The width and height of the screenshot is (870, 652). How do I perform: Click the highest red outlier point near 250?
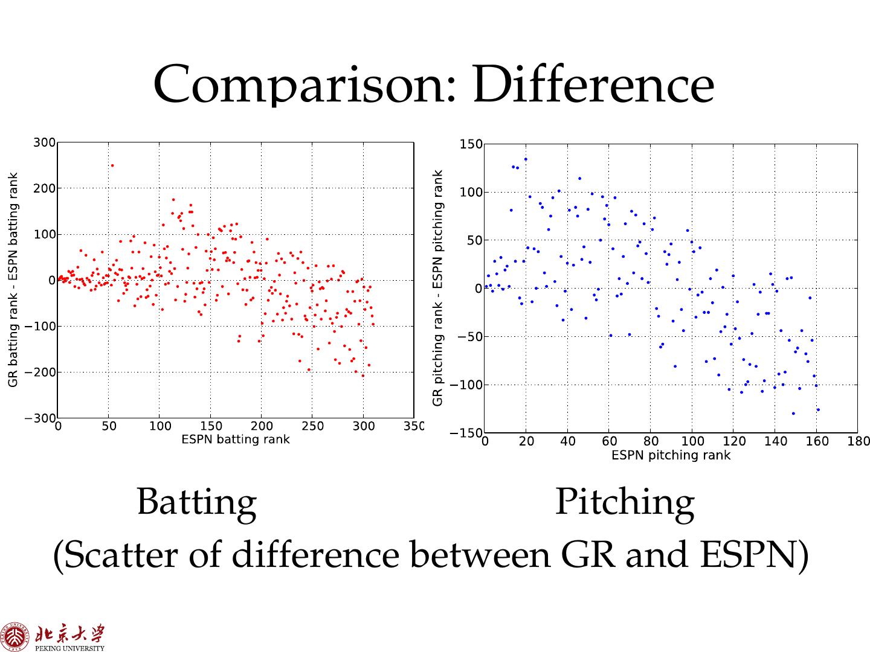click(112, 165)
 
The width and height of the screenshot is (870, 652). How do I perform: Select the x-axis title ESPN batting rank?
click(236, 439)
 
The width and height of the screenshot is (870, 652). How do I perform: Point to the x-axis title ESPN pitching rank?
click(671, 455)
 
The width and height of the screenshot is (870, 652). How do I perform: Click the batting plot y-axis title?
click(13, 280)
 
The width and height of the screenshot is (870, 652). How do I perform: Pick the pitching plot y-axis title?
click(439, 287)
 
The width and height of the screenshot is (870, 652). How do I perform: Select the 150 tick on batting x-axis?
click(210, 427)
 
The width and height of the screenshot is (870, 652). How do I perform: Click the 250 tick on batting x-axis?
click(312, 427)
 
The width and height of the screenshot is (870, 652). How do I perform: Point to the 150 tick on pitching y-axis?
click(471, 144)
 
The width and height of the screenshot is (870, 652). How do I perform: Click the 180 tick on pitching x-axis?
click(859, 442)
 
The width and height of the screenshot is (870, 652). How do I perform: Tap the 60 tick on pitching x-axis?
click(609, 442)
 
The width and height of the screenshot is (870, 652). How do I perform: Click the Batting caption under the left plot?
click(196, 502)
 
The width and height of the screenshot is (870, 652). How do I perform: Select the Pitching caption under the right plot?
click(624, 502)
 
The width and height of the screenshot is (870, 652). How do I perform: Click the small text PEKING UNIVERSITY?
click(70, 648)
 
